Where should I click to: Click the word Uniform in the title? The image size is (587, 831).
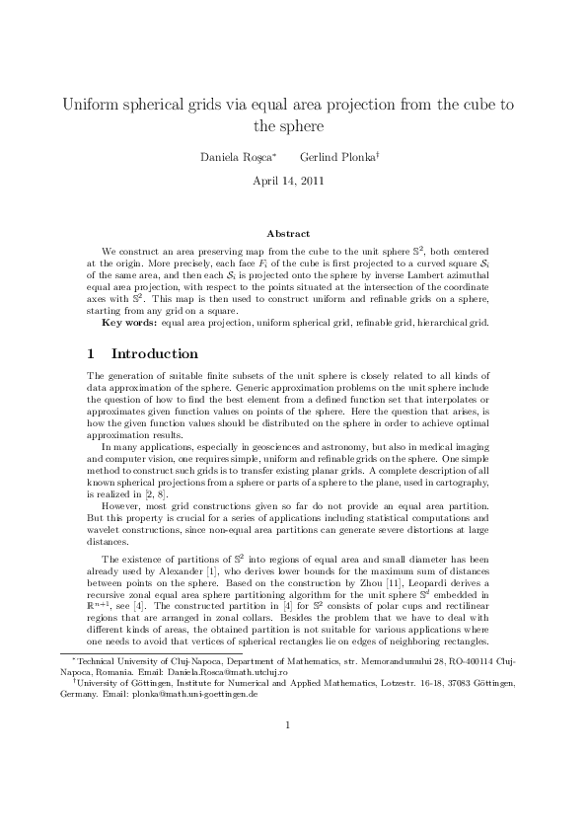91,105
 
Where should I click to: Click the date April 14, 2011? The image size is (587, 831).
293,181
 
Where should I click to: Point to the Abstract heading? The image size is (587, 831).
293,234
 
